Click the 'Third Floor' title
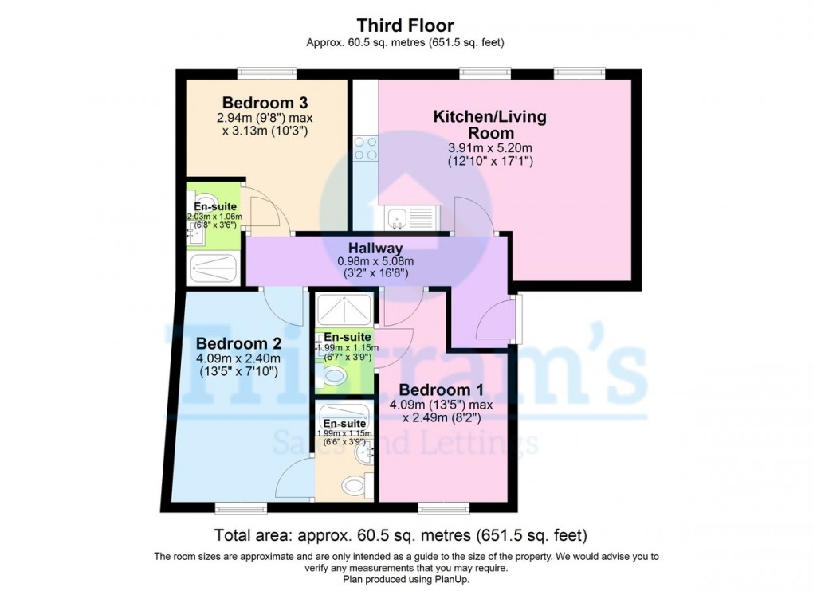[406, 26]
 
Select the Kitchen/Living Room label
[490, 125]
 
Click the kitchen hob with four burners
[365, 150]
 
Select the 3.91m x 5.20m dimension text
[490, 148]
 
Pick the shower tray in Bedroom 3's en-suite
[214, 269]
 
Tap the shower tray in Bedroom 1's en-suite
[344, 306]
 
